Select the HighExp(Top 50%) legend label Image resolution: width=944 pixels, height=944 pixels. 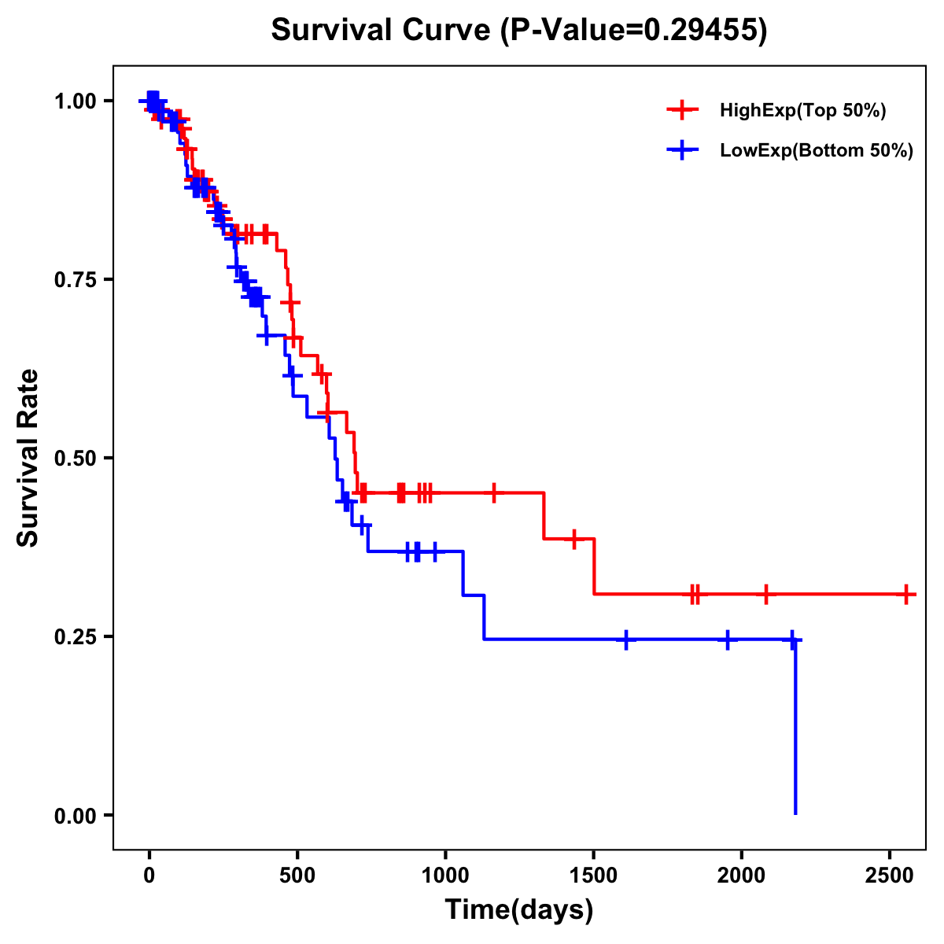(x=802, y=111)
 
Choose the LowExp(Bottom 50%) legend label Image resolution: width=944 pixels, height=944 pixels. (x=816, y=151)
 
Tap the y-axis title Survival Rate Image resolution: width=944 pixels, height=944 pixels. (x=28, y=457)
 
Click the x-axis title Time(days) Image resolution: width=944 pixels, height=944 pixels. (x=518, y=910)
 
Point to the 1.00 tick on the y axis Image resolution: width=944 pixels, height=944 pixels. (x=76, y=101)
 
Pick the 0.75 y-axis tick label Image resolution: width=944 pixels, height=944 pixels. (x=76, y=280)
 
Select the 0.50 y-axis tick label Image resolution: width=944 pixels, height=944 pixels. (x=76, y=458)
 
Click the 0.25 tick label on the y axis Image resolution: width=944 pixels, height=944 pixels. (x=76, y=636)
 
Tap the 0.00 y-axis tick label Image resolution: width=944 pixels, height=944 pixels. (x=76, y=815)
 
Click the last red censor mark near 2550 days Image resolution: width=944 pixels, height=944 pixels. (x=906, y=594)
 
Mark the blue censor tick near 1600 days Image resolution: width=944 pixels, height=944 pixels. (x=626, y=640)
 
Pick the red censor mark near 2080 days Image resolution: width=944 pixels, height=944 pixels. (x=765, y=594)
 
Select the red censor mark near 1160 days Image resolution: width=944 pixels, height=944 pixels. (x=493, y=493)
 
